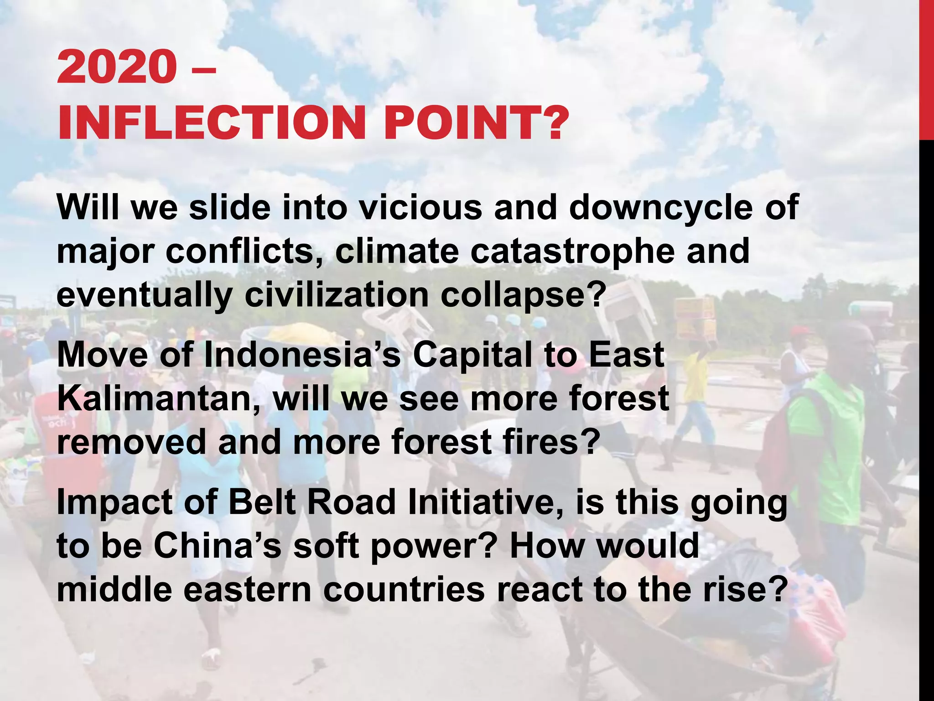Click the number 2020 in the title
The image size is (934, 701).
pos(117,67)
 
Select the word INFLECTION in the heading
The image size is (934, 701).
pos(212,123)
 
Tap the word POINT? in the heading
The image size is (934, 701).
pos(477,123)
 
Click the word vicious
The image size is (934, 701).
pos(420,208)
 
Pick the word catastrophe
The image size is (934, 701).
pos(572,251)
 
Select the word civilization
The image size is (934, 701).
pos(337,295)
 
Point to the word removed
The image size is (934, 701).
pos(131,442)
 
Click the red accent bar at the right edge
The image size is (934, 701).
pos(926,68)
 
